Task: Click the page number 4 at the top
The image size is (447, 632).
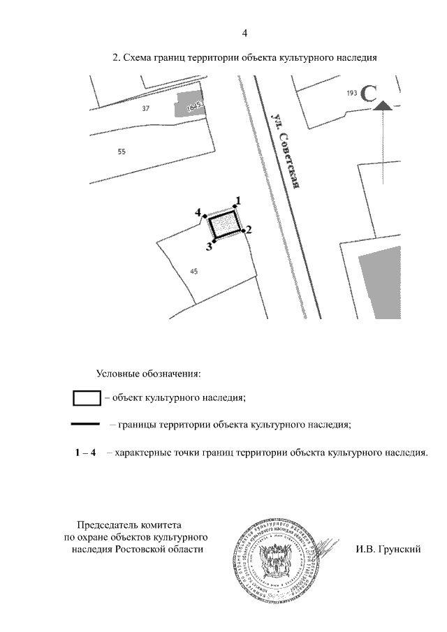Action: [x=244, y=34]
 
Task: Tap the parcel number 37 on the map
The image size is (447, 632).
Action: [x=146, y=108]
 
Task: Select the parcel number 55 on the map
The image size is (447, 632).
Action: [x=122, y=152]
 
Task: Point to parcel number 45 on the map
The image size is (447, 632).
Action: [x=194, y=272]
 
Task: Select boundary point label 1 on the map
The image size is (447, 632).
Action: [x=238, y=200]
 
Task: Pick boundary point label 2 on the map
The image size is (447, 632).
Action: [x=249, y=229]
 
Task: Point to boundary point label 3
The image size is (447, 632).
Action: [x=209, y=246]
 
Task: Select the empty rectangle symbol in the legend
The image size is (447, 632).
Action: [x=87, y=398]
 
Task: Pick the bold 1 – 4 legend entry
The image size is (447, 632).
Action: [x=85, y=453]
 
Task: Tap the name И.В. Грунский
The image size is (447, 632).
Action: [x=388, y=549]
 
